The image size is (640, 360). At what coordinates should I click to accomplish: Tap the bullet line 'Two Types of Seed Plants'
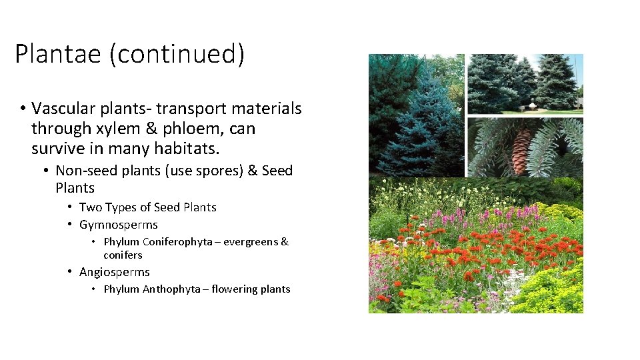[x=147, y=207]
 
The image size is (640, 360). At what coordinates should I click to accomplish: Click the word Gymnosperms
[x=118, y=225]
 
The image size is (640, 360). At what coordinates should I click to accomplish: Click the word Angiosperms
[x=114, y=272]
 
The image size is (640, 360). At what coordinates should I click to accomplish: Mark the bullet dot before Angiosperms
[x=69, y=272]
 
